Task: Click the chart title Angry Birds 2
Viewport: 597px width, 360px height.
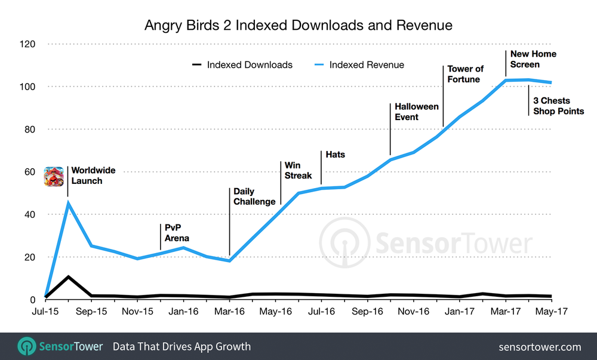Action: click(298, 25)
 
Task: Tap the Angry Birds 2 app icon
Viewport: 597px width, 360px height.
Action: click(53, 176)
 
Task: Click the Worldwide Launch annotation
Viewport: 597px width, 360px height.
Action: click(93, 176)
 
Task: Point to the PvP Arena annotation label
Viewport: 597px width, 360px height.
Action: click(177, 232)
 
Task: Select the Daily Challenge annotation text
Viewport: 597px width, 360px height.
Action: click(254, 196)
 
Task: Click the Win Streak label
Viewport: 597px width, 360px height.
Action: click(298, 170)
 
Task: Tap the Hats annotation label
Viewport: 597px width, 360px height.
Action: click(335, 155)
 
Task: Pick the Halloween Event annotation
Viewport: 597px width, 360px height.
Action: click(417, 112)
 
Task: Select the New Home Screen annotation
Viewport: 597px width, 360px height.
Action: click(533, 59)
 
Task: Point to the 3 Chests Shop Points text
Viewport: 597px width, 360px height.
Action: click(558, 106)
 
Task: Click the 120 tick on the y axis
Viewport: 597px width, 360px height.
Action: click(27, 44)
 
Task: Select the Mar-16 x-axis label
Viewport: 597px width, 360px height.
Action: click(229, 312)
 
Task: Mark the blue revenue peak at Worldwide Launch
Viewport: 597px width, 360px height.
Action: click(69, 203)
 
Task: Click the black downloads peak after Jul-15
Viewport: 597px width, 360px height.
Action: click(69, 277)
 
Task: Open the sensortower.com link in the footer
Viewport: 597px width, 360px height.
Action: click(540, 346)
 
